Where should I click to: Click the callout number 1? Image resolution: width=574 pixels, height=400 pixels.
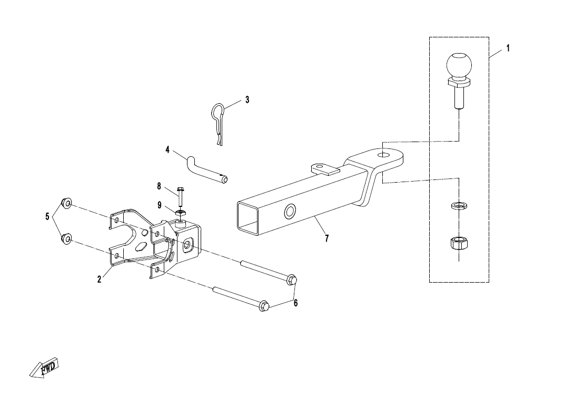tap(508, 48)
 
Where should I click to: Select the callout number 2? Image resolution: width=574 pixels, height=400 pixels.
tap(99, 279)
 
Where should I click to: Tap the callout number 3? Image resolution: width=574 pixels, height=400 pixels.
tap(247, 99)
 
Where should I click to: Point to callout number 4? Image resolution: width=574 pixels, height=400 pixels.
tap(167, 149)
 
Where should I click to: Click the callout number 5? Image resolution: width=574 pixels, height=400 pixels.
tap(47, 217)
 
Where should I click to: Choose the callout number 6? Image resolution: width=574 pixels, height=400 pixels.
tap(296, 303)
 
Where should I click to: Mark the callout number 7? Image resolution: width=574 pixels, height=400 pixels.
tap(326, 238)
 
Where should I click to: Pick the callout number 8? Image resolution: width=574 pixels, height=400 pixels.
tap(159, 186)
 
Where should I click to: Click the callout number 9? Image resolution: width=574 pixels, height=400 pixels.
tap(159, 205)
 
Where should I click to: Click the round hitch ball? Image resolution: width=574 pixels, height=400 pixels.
tap(459, 65)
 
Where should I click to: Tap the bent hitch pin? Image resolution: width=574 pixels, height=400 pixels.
tap(207, 169)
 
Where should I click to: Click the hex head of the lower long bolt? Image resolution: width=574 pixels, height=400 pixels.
tap(264, 305)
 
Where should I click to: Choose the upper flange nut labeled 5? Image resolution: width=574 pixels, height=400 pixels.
tap(66, 203)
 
